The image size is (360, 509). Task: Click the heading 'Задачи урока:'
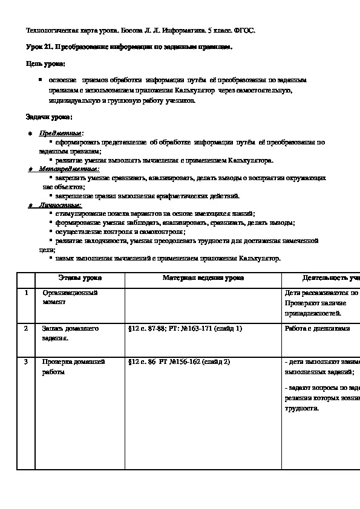(49, 116)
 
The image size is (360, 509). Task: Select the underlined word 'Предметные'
(61, 133)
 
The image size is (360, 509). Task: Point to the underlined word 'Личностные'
(60, 205)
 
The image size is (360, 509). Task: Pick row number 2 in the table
(26, 329)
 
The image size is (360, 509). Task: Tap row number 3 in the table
(26, 362)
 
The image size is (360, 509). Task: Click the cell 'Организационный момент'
(70, 297)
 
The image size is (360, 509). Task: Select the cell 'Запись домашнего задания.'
(70, 333)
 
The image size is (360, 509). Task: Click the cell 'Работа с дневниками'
(316, 329)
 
